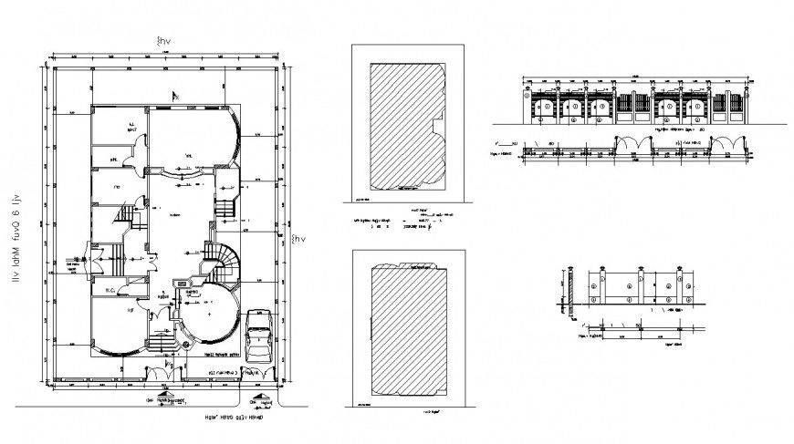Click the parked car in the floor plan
(259, 337)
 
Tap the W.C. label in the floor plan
(110, 291)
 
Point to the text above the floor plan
(163, 41)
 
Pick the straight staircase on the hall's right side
(225, 207)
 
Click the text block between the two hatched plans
(402, 224)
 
